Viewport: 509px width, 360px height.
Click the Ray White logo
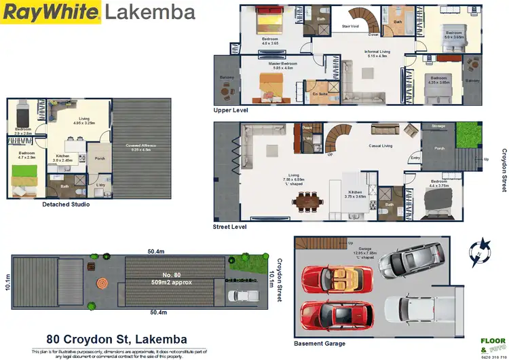pyautogui.click(x=52, y=12)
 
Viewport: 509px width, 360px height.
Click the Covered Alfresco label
pyautogui.click(x=141, y=145)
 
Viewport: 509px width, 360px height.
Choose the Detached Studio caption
pyautogui.click(x=66, y=204)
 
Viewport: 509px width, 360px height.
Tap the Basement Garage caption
pyautogui.click(x=319, y=344)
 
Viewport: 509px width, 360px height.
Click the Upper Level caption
pyautogui.click(x=230, y=110)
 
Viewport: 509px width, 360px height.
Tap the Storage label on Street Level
pyautogui.click(x=438, y=126)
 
